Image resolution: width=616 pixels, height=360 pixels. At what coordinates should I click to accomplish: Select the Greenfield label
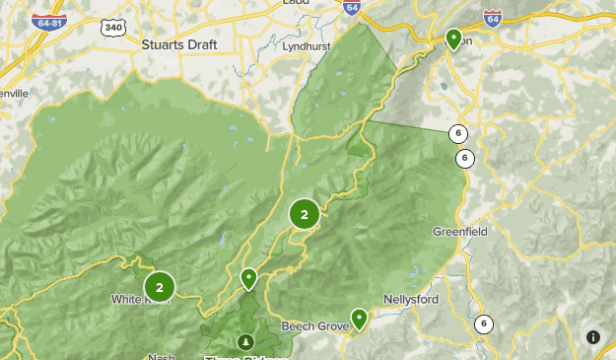459,232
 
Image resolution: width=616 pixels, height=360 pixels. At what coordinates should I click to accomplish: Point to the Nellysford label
410,301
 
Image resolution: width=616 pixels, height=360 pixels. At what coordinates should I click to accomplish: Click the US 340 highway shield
113,28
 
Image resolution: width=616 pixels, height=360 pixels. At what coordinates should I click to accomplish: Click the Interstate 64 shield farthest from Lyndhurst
493,19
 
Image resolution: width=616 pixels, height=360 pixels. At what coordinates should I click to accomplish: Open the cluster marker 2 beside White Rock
160,287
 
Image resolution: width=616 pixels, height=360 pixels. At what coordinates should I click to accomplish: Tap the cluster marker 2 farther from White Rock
304,214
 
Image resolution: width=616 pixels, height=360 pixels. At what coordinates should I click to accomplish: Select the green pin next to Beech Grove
359,318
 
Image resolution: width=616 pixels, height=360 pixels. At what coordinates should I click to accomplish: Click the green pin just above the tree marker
249,278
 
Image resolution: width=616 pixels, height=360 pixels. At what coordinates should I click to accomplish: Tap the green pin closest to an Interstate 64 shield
454,38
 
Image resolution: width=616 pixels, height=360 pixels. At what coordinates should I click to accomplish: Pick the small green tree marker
244,342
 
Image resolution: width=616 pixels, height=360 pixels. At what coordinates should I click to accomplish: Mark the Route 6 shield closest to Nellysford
483,324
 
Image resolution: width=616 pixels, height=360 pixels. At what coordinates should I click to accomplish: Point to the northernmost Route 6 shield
458,134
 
